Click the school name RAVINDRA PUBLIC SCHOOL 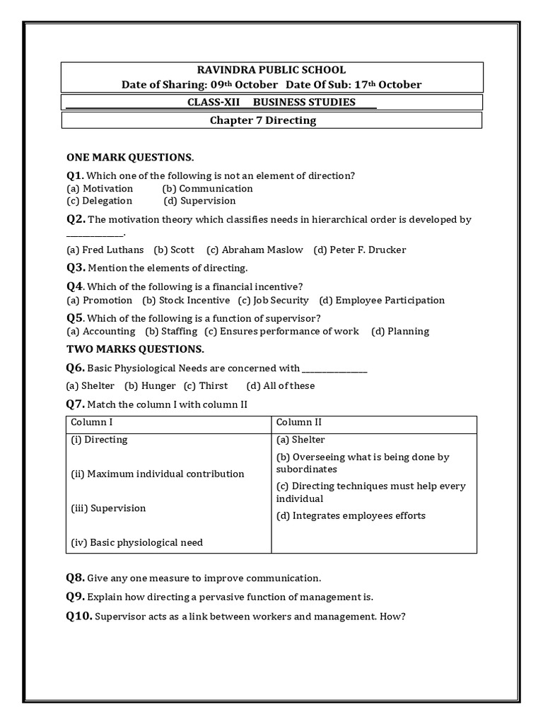(271, 70)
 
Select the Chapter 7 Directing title (263, 120)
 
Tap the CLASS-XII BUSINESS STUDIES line (271, 103)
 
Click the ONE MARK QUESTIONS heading (130, 157)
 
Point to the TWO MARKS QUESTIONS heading (135, 349)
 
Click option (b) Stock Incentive (185, 300)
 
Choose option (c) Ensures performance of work (281, 331)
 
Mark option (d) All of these (280, 386)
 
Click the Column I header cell (92, 423)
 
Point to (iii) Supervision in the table (108, 508)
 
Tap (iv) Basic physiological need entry (136, 543)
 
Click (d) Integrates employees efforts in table (351, 515)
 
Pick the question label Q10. (79, 617)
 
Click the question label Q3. (76, 268)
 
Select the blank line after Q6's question (334, 368)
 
